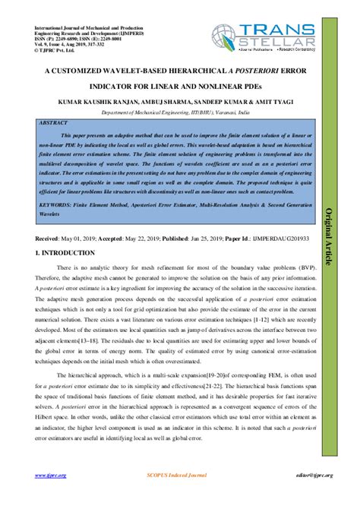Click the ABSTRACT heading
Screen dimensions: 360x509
tap(54, 121)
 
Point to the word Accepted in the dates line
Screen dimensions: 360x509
tap(118, 238)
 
